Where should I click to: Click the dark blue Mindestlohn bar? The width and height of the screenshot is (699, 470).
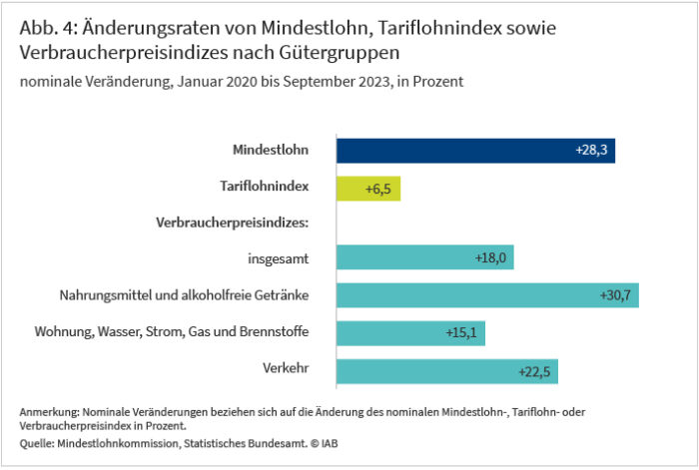pos(474,150)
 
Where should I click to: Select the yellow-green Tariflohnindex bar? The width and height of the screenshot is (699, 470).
pos(367,187)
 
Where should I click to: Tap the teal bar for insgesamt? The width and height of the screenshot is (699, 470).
pos(424,257)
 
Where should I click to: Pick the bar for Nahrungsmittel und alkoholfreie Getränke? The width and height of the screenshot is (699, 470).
pos(487,294)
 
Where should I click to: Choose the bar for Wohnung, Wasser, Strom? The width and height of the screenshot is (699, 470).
pos(409,332)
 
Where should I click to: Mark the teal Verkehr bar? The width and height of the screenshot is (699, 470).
pos(446,370)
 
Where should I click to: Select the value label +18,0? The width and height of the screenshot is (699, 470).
pos(492,257)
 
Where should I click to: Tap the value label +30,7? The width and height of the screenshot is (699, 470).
pos(616,294)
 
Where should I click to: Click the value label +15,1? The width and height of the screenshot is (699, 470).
pos(463,332)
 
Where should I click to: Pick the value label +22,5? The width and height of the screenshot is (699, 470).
pos(536,370)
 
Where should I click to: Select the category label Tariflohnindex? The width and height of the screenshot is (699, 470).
pos(264,186)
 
